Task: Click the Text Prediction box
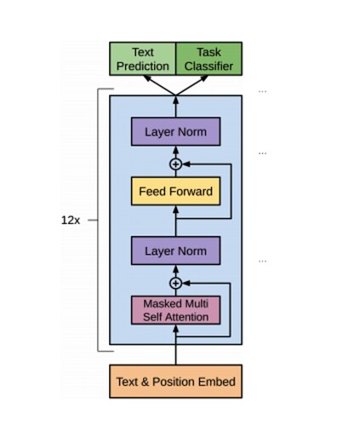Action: (142, 59)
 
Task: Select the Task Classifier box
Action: (209, 59)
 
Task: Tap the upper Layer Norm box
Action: (175, 131)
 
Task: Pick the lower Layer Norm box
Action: (175, 250)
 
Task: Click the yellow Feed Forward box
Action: (175, 191)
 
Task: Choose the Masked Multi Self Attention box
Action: (175, 310)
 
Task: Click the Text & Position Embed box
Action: (175, 382)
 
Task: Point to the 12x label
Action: (71, 220)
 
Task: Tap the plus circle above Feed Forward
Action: (175, 164)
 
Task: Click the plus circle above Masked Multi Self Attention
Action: (175, 283)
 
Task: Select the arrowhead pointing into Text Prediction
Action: (147, 78)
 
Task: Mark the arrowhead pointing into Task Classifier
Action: (204, 78)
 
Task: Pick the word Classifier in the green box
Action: (209, 66)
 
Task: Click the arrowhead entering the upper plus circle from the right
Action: (186, 164)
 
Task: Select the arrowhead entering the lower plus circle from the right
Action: (186, 283)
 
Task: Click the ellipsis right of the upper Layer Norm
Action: (262, 153)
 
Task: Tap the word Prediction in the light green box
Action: (143, 66)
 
